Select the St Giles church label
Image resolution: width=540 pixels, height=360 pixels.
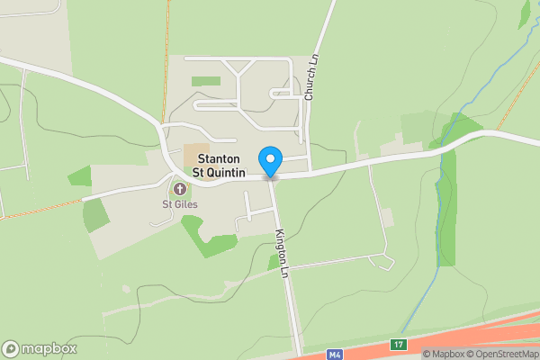pos(179,203)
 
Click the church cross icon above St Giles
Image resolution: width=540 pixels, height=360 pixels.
pos(179,189)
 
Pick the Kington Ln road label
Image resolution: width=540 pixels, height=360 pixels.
pos(283,251)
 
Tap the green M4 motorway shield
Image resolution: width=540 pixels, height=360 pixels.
pos(335,354)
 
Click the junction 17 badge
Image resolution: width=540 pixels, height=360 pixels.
pos(398,344)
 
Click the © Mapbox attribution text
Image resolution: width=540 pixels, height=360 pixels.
pos(444,354)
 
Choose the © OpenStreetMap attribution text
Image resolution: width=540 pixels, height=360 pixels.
pos(502,354)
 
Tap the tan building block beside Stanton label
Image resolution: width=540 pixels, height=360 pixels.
pos(195,153)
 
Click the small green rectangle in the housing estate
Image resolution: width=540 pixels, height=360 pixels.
pos(206,82)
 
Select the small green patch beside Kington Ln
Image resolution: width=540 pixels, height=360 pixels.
pos(273,262)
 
